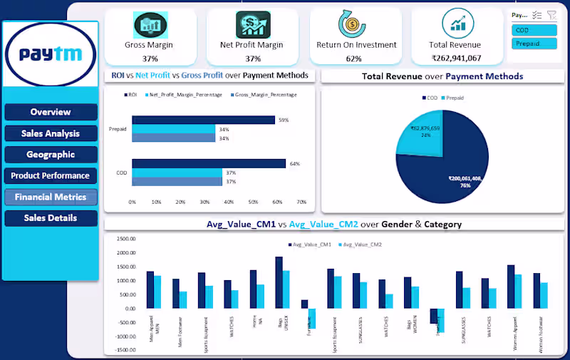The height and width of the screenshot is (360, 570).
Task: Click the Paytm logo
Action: pyautogui.click(x=51, y=55)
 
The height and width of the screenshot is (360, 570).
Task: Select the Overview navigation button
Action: pyautogui.click(x=51, y=112)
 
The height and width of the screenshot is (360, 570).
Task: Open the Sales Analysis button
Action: pyautogui.click(x=51, y=133)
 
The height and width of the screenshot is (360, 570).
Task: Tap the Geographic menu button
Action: pyautogui.click(x=51, y=155)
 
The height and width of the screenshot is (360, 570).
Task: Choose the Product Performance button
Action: pyautogui.click(x=51, y=175)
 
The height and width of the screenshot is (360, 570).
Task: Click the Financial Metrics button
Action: pyautogui.click(x=51, y=197)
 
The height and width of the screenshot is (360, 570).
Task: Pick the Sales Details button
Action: pyautogui.click(x=51, y=218)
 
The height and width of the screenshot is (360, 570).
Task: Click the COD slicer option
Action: pyautogui.click(x=534, y=30)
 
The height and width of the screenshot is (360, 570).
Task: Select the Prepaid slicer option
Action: pyautogui.click(x=534, y=44)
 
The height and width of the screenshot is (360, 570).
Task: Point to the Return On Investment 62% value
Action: pyautogui.click(x=354, y=58)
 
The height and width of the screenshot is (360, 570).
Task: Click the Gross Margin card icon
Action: pyautogui.click(x=150, y=24)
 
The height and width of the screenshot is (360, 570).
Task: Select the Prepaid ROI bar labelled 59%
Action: pyautogui.click(x=203, y=120)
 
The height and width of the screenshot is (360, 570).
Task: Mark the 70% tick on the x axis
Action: pyautogui.click(x=301, y=202)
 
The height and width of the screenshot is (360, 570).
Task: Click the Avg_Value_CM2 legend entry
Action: pyautogui.click(x=362, y=245)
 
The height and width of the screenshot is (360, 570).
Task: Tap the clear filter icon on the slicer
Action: pyautogui.click(x=551, y=14)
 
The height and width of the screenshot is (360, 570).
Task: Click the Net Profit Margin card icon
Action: pyautogui.click(x=252, y=24)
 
